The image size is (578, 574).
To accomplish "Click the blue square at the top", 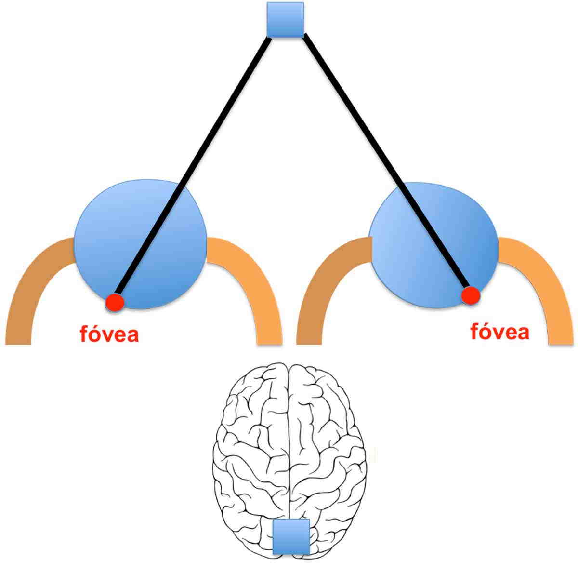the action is tap(285, 20).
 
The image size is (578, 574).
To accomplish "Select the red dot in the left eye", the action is tap(115, 302).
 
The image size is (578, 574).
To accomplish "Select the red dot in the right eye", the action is tap(471, 295).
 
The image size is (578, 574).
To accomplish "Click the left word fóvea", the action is tap(109, 334).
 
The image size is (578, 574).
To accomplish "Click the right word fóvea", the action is tap(499, 332).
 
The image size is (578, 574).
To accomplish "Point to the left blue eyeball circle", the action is tap(140, 244).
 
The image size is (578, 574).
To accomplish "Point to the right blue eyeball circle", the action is tap(434, 245).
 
